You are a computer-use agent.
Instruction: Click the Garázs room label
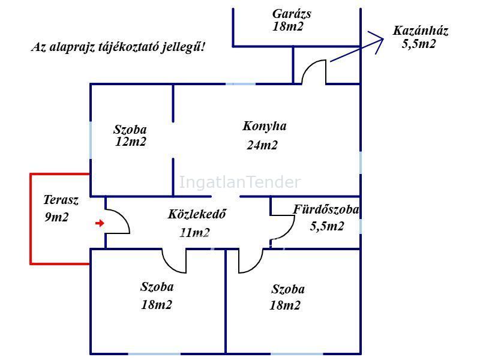point(292,14)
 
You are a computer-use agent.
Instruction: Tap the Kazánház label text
point(421,31)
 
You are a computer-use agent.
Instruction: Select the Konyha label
point(265,126)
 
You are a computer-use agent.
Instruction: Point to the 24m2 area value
point(262,145)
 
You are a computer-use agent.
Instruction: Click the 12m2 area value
point(131,142)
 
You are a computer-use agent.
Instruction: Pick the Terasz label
point(61,200)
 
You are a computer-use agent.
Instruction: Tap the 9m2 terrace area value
point(56,217)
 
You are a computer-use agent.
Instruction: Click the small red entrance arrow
point(100,223)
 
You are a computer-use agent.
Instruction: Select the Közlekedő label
point(197,214)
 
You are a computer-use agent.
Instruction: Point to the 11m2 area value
point(194,233)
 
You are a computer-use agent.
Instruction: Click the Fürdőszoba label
point(326,209)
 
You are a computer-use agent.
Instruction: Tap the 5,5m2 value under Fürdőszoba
point(327,226)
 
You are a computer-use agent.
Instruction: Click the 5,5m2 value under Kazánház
point(418,44)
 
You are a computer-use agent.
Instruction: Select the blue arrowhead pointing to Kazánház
point(376,42)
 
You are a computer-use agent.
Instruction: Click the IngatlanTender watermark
point(239,182)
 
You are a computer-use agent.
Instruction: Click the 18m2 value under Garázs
point(288,26)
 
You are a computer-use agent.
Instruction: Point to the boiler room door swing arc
point(313,71)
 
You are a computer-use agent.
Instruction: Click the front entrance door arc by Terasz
point(118,221)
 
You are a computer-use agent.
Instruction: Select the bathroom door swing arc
point(283,228)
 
